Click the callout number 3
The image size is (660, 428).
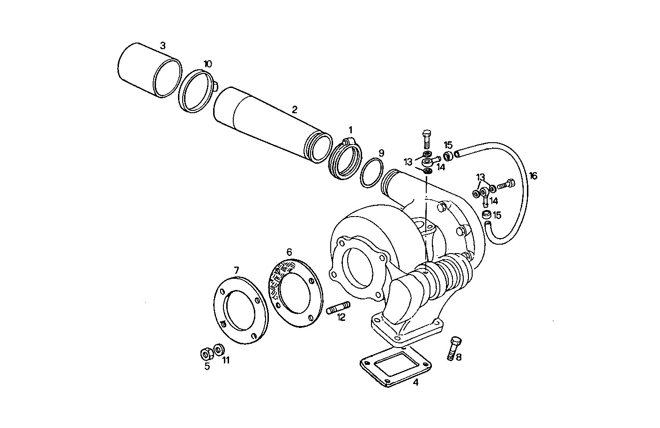tap(163, 46)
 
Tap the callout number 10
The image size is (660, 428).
tap(208, 64)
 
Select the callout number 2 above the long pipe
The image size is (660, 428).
tap(294, 110)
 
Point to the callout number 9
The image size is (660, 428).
tap(381, 153)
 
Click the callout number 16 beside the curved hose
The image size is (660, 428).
tap(533, 176)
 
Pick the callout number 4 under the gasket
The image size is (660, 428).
tap(415, 382)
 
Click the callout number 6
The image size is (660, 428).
tap(289, 252)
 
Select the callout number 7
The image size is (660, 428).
tap(237, 270)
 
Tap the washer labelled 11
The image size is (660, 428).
tap(219, 350)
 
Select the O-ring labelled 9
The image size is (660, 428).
tap(372, 173)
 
